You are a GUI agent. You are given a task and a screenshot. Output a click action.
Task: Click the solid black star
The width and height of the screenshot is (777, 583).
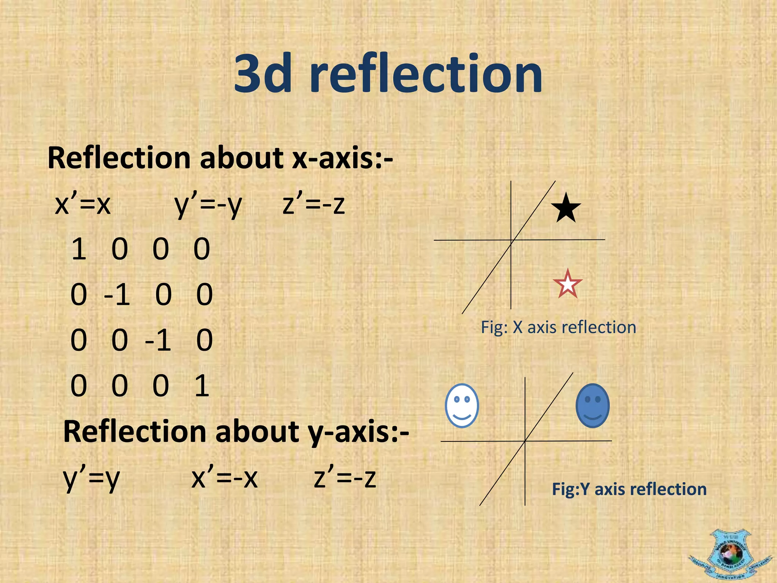(566, 208)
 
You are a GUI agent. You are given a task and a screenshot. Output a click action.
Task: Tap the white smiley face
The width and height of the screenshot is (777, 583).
(462, 406)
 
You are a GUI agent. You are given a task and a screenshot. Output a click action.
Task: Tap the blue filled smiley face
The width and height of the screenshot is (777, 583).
(592, 406)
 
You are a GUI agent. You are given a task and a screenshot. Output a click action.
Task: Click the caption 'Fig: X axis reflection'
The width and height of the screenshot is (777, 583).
(558, 327)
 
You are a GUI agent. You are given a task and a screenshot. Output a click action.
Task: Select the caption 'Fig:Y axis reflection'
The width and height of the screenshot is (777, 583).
(629, 489)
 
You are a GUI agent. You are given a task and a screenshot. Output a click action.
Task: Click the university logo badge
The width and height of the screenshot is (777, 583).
(730, 555)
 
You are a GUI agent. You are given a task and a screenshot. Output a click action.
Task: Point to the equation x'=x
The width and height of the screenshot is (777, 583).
(83, 205)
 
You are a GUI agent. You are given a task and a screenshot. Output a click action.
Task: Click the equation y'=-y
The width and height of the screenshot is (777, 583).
(208, 205)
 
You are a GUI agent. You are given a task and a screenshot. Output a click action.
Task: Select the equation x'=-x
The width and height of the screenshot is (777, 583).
(225, 478)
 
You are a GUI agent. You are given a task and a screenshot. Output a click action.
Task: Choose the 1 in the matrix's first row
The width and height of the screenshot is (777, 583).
(79, 249)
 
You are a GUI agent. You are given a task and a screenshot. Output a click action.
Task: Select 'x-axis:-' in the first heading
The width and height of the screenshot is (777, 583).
(343, 158)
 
